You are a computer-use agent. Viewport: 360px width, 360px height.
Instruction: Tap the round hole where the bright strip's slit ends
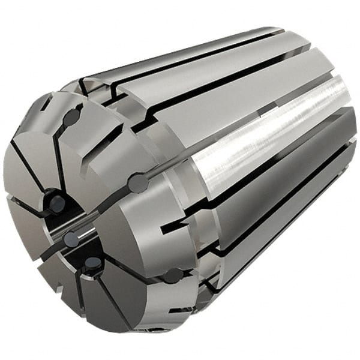[138, 183]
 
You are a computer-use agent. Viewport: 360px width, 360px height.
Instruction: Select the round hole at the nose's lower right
[174, 276]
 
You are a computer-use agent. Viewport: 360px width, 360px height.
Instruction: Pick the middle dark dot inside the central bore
[71, 239]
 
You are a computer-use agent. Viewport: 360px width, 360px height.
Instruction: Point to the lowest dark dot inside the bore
[92, 262]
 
